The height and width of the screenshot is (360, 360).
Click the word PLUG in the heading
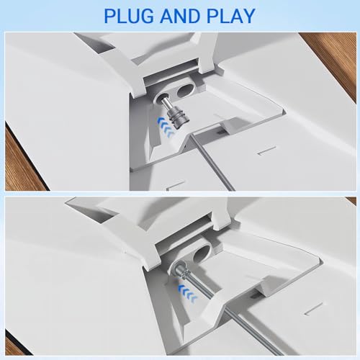128,16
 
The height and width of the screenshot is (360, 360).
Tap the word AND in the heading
180,16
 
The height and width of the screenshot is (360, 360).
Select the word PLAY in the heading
231,16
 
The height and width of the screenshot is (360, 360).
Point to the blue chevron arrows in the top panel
166,127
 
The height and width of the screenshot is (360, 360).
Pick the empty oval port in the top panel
184,91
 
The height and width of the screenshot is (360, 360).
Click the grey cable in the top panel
210,161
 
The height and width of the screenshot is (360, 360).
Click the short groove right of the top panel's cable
267,150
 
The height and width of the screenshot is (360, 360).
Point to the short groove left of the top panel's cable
176,185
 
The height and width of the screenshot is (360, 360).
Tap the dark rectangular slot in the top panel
220,132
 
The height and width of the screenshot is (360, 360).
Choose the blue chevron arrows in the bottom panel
187,292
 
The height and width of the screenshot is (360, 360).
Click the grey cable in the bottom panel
239,317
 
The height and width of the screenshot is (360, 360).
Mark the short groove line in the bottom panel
313,308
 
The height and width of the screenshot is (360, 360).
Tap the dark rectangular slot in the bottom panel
254,296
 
